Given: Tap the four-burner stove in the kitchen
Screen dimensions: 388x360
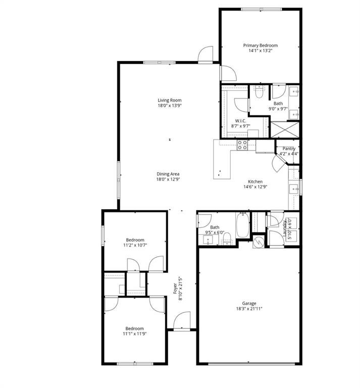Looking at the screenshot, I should (242, 145).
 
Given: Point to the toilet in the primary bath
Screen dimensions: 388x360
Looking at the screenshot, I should (259, 92).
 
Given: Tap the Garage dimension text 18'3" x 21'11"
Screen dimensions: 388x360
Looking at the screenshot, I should (249, 309).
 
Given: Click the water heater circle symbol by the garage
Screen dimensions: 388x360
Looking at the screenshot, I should (258, 243).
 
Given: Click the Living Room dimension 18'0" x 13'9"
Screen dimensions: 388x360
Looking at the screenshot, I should (169, 106).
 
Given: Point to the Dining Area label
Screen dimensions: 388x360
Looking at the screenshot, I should (169, 174).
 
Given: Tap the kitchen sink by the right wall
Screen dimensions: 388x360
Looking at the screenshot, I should (293, 189).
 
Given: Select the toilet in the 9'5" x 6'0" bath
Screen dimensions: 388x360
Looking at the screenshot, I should (227, 237).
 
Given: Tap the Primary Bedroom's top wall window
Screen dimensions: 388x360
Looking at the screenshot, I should (261, 9).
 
